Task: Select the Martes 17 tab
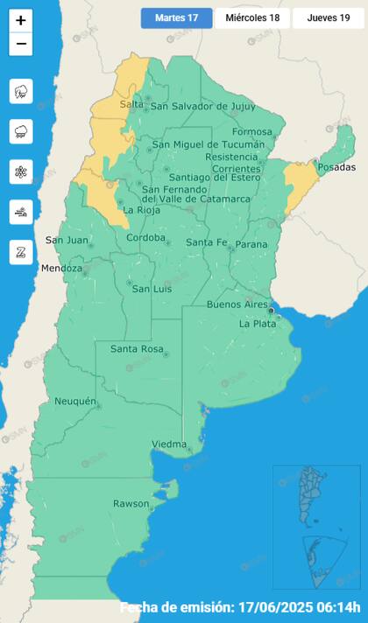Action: coord(176,18)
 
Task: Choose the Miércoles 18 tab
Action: coord(252,18)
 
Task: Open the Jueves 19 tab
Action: coord(329,18)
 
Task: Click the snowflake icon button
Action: coord(21,172)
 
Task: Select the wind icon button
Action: coord(21,213)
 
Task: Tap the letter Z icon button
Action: coord(21,253)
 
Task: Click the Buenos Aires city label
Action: coord(237,304)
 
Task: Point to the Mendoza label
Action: coord(61,269)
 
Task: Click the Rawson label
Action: coord(131,504)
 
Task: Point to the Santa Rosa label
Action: coord(137,350)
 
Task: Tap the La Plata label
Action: coord(258,324)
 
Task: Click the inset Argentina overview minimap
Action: coord(315,526)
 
